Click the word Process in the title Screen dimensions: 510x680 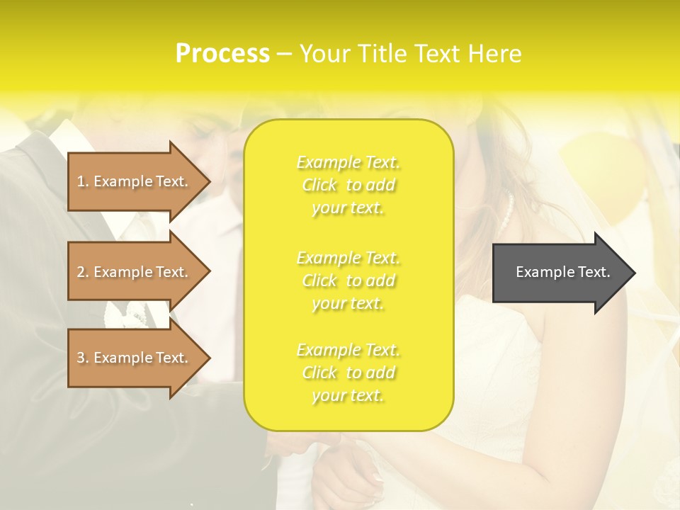click(x=222, y=53)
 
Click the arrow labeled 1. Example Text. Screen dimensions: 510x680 click(x=135, y=181)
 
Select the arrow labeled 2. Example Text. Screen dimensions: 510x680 click(x=135, y=272)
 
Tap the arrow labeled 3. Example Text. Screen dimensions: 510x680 click(x=135, y=358)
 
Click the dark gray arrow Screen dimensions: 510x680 click(x=560, y=273)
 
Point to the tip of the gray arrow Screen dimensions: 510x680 click(x=634, y=273)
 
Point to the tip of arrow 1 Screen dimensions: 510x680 click(x=209, y=181)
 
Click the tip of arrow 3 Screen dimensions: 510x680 click(x=209, y=358)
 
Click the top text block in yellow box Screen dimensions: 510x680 click(x=348, y=185)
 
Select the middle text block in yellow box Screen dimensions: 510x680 click(x=348, y=280)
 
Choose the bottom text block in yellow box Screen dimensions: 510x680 click(x=348, y=373)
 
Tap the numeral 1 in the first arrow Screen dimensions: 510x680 click(x=81, y=181)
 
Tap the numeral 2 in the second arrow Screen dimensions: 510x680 click(x=81, y=272)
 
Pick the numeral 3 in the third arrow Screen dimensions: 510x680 click(x=81, y=358)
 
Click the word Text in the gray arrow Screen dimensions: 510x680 click(x=595, y=272)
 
